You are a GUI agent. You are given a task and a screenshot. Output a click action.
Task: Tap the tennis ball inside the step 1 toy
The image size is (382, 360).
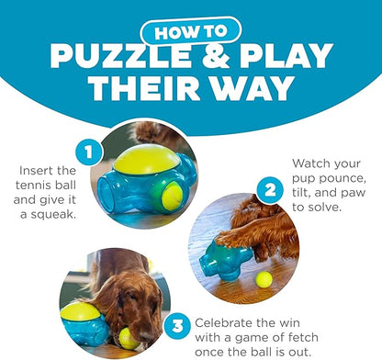coord(172,195)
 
